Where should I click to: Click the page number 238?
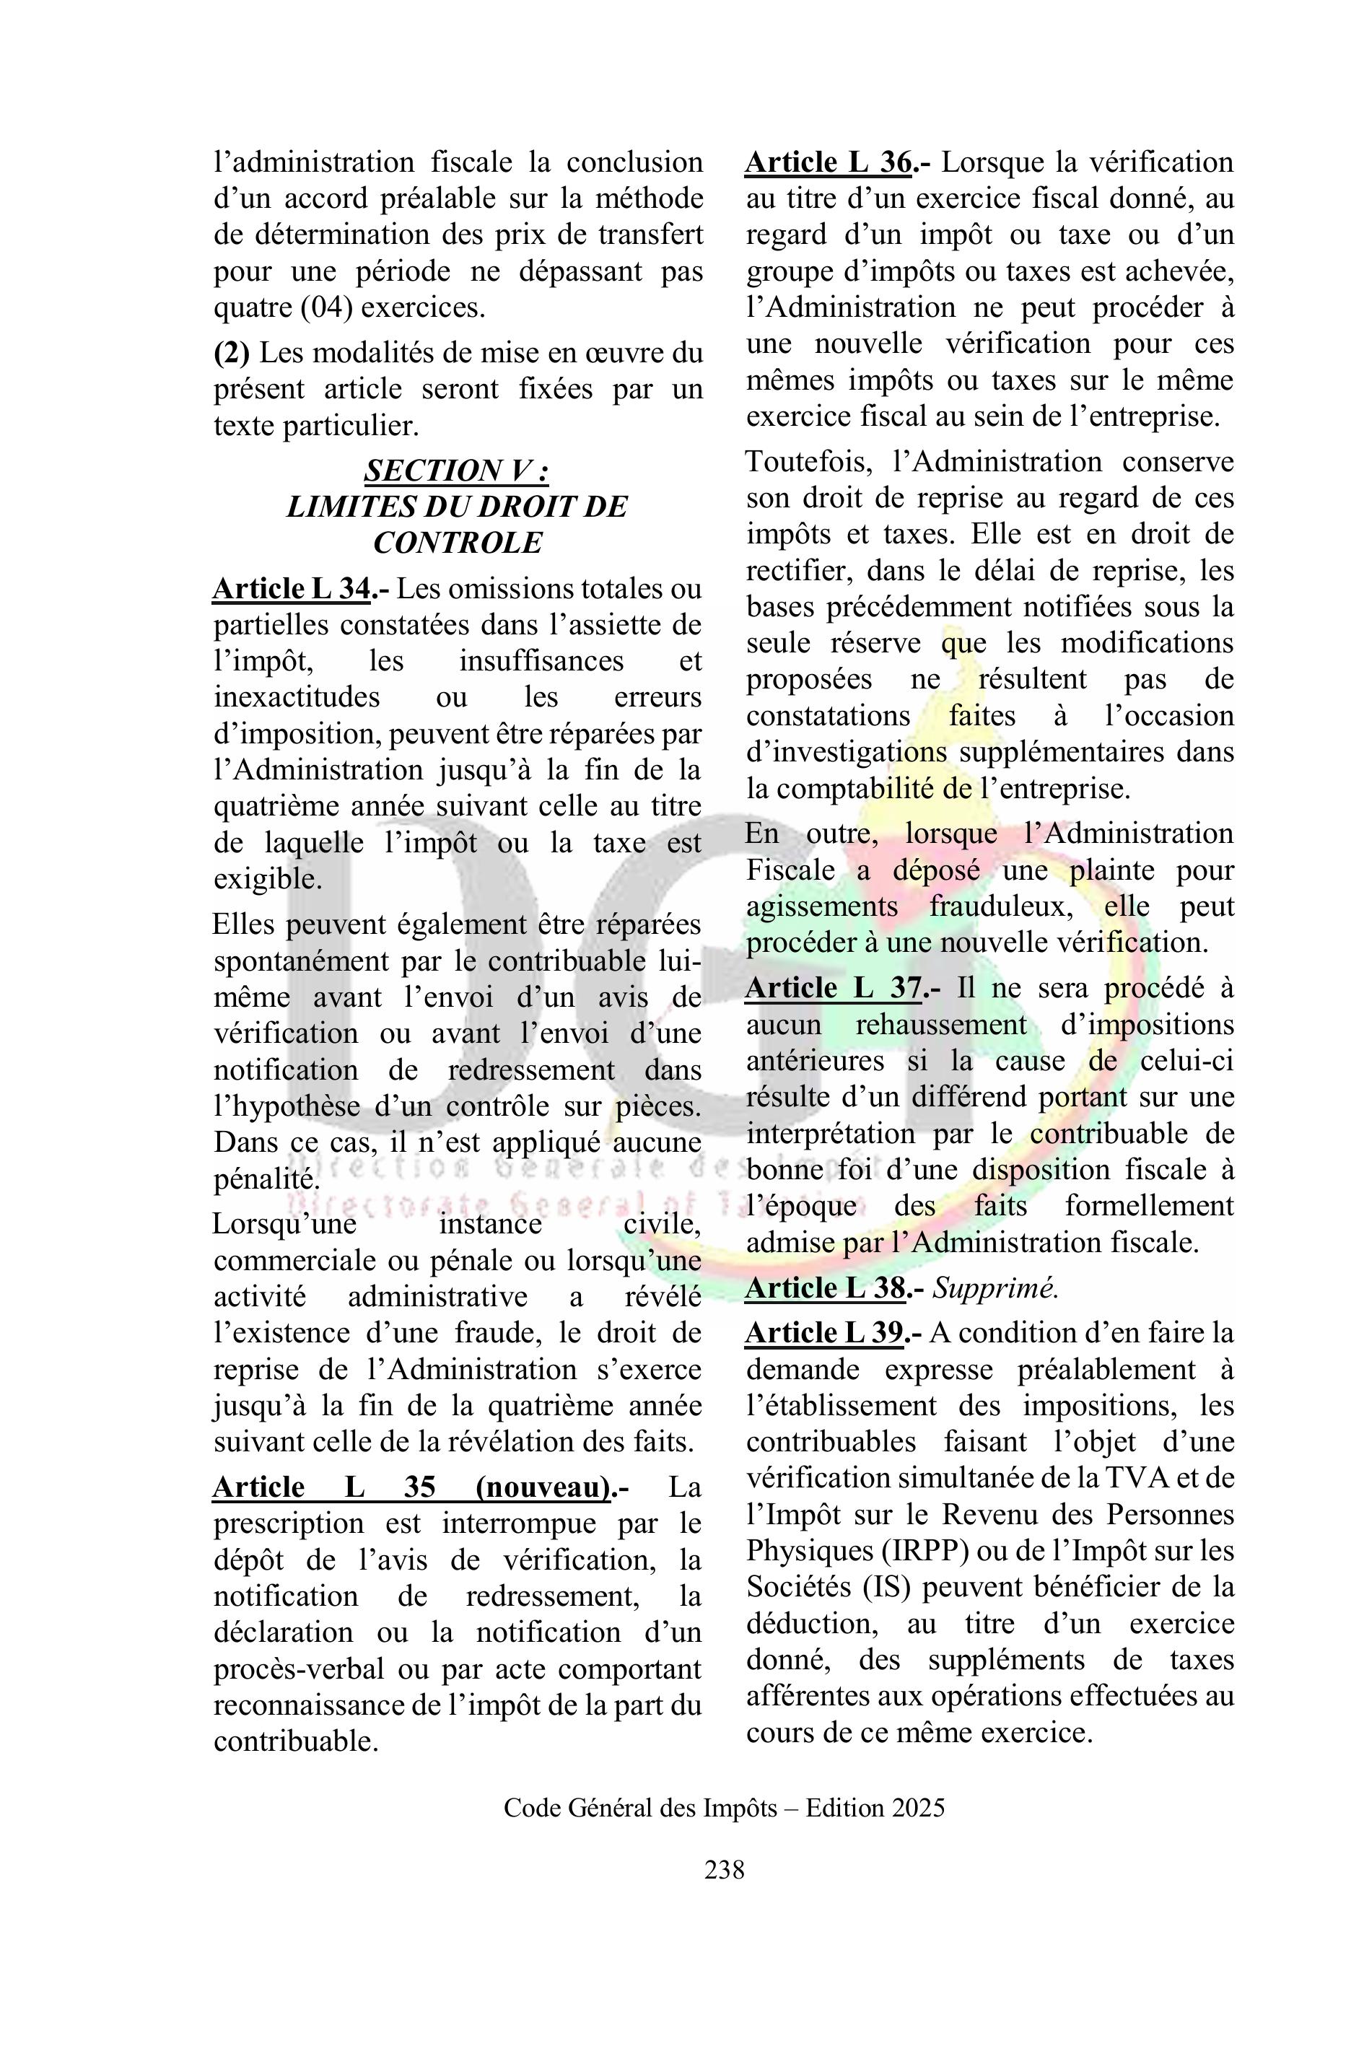724,1868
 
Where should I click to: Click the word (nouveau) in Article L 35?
543,1487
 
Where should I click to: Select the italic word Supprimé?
995,1289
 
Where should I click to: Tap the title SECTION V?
457,471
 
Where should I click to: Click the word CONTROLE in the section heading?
458,543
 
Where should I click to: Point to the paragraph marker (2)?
232,353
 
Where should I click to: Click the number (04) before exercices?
325,308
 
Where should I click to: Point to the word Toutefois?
810,462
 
